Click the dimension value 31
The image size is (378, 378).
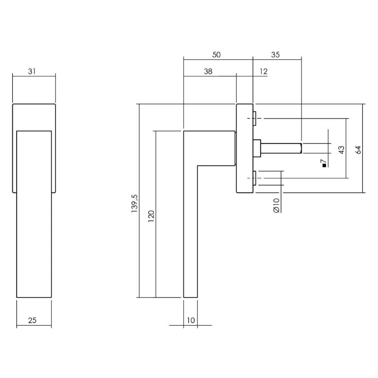pos(32,71)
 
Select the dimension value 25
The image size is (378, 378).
pos(32,321)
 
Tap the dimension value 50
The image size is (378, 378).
pos(216,54)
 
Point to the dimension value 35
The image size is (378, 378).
pos(275,54)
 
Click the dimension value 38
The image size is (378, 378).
pos(208,71)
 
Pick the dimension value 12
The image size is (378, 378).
pos(263,71)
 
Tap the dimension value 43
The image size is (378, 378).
pos(341,150)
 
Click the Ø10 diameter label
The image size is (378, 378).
pos(276,205)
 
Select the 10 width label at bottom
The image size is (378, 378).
pos(190,321)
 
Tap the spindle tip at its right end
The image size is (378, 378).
pos(301,148)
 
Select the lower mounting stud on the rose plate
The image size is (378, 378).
pos(255,178)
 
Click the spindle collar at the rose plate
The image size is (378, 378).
pos(257,148)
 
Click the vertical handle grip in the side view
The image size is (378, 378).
pos(190,234)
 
